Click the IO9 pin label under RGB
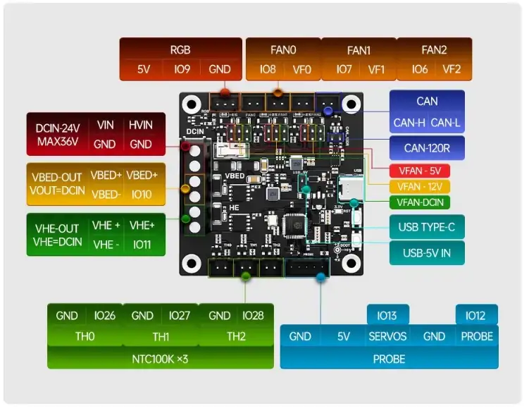click(182, 69)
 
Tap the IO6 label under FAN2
click(420, 69)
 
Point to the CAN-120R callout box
click(427, 148)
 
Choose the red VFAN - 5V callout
click(420, 171)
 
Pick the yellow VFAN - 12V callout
click(420, 187)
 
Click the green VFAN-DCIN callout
click(420, 203)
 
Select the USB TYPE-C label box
click(427, 227)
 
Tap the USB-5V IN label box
click(427, 252)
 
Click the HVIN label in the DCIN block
click(141, 125)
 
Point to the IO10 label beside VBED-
click(141, 194)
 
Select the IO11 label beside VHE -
click(141, 245)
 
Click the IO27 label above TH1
click(180, 316)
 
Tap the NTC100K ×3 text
click(160, 359)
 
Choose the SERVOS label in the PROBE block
click(387, 336)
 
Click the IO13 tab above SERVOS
click(387, 315)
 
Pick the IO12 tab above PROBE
click(476, 315)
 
